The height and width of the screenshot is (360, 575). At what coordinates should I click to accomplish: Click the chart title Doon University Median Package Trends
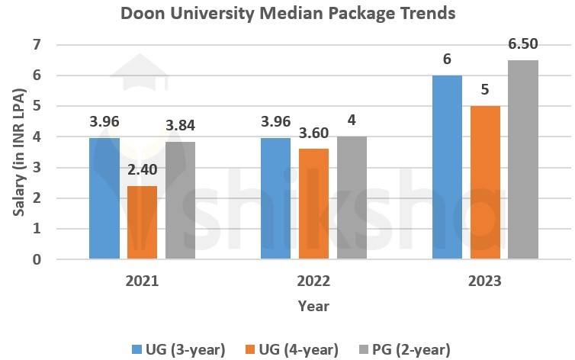287,14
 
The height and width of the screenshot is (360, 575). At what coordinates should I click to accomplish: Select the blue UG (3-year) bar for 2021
104,198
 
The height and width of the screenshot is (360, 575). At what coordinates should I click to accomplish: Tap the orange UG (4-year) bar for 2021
142,222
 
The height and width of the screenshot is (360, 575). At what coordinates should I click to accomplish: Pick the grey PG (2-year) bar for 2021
180,200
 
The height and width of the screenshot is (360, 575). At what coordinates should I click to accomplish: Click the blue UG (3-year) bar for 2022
276,198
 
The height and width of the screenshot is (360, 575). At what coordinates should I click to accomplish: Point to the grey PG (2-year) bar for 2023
522,159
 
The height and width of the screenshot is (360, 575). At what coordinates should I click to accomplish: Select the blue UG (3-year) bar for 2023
448,167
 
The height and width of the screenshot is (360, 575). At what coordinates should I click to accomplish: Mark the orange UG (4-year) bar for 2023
485,182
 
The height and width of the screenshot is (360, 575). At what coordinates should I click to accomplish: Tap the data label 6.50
522,44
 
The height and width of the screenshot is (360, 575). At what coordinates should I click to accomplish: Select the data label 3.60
313,133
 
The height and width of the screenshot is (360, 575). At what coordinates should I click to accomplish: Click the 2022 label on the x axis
313,281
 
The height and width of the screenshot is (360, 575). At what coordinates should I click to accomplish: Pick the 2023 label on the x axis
485,281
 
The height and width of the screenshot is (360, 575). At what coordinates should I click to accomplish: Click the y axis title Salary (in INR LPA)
18,152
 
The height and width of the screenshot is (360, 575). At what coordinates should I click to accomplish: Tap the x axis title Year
313,306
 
